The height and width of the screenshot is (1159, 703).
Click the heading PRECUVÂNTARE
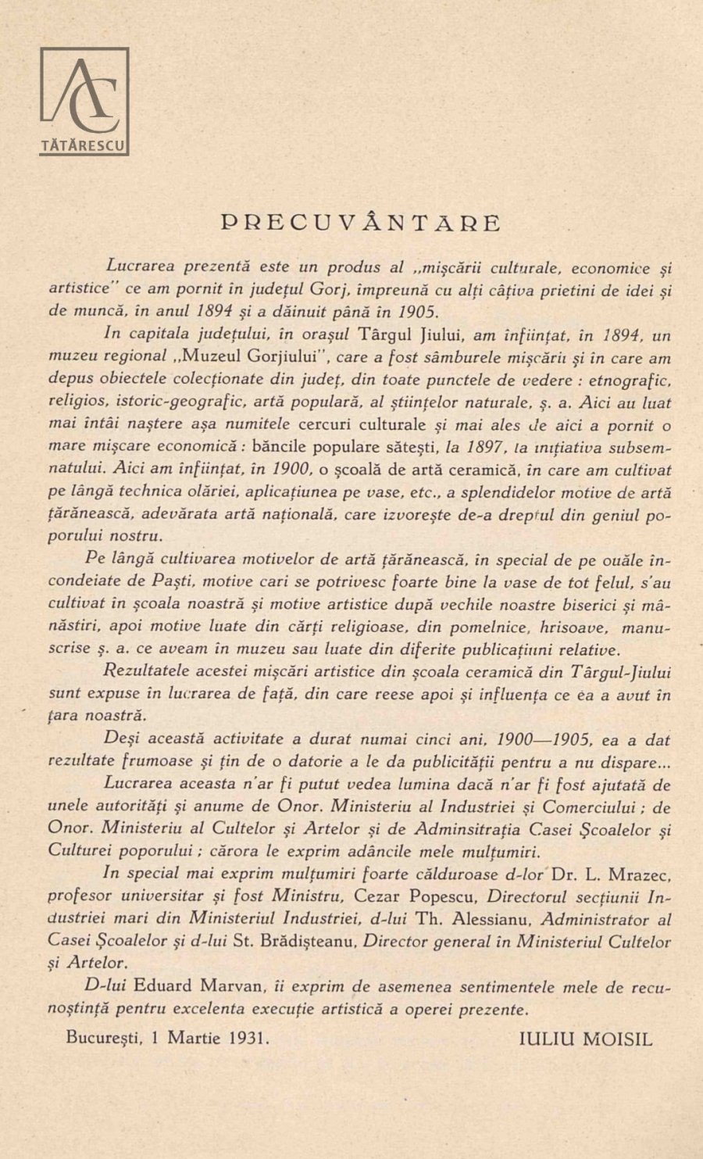click(360, 223)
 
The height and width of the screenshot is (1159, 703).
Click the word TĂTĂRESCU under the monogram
click(84, 145)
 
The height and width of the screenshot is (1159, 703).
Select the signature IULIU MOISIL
click(585, 1039)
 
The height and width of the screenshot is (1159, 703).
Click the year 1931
click(250, 1039)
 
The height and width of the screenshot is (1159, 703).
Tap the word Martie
click(195, 1039)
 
